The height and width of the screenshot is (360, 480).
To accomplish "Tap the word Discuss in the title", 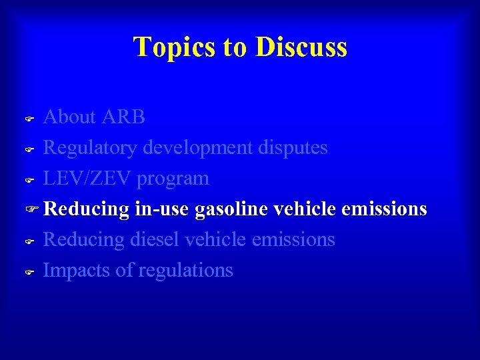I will click(x=301, y=47).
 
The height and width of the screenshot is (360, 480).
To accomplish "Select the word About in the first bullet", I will click(x=70, y=117).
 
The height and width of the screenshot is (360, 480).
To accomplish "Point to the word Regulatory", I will click(x=91, y=147).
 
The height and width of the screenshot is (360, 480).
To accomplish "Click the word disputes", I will click(x=292, y=147).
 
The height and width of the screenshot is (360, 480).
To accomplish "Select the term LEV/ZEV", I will click(x=88, y=179).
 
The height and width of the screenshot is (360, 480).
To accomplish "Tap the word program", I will click(x=173, y=179).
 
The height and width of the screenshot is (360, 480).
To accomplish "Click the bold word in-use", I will click(x=163, y=209).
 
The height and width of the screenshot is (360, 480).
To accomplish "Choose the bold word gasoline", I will click(x=231, y=209).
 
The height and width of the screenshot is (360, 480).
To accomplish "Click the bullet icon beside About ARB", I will click(x=29, y=119).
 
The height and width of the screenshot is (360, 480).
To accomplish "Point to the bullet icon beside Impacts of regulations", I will click(x=29, y=272).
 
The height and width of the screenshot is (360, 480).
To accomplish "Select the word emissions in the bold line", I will click(x=384, y=209).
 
